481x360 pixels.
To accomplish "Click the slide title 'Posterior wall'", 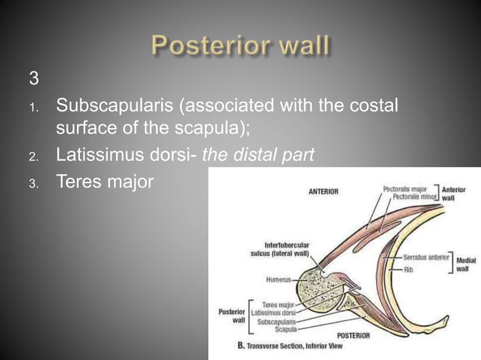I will coord(240,46).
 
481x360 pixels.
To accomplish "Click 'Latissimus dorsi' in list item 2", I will coord(123,155).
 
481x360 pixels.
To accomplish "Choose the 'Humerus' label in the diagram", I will coord(280,278).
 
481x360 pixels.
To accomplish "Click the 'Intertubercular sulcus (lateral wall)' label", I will coord(275,249).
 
